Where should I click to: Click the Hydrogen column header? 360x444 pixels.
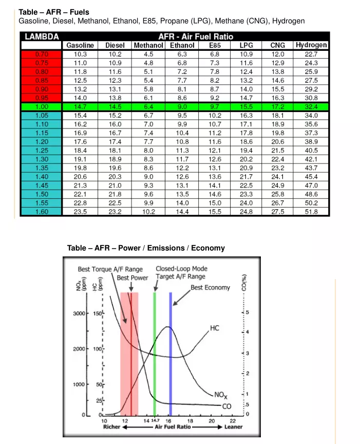311,45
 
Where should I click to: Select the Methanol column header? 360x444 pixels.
148,45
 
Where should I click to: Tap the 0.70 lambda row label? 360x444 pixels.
41,54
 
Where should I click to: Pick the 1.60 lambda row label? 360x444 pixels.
41,211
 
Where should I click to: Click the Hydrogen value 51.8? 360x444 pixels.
311,211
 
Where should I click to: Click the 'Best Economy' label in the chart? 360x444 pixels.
211,287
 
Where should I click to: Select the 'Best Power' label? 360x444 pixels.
132,278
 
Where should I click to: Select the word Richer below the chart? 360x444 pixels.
111,427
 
